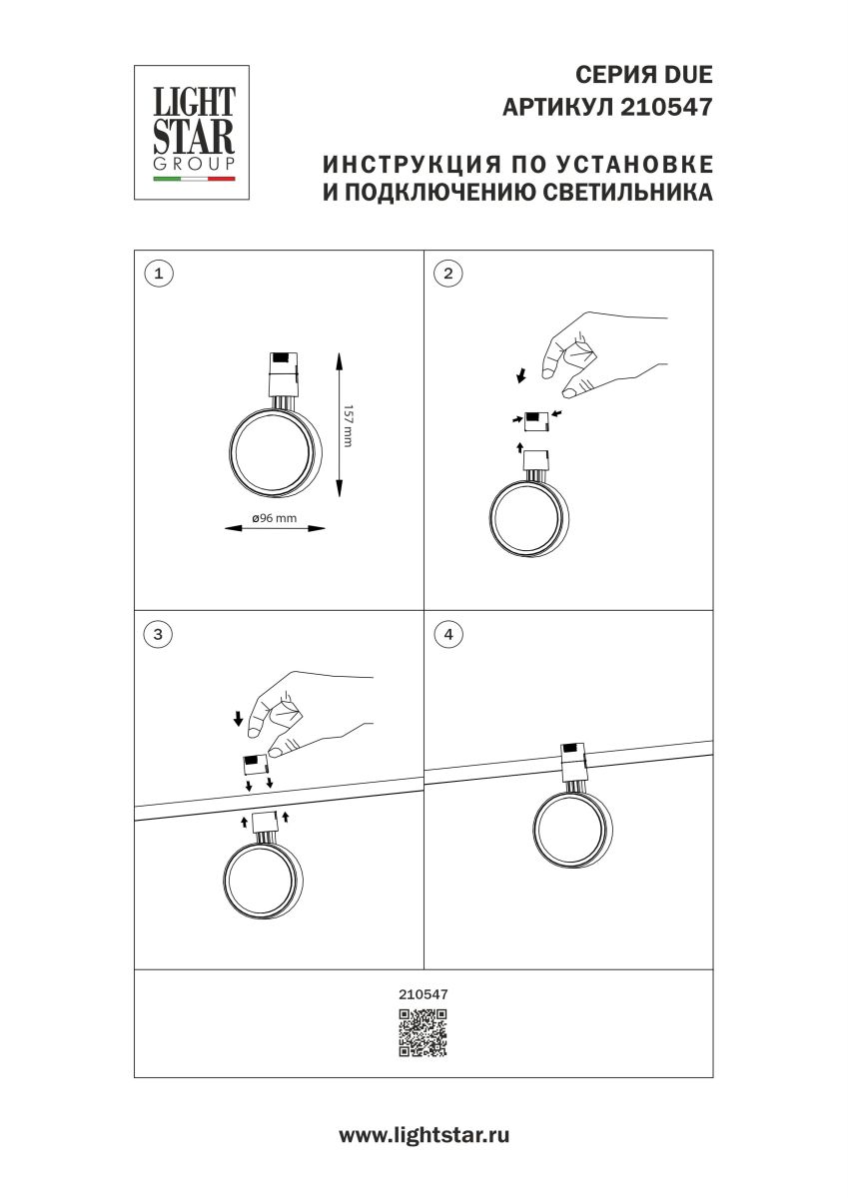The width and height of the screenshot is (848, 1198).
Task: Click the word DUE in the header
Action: pos(689,75)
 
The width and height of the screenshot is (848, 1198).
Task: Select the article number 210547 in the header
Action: pos(667,107)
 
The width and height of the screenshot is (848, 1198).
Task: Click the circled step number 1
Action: pos(159,273)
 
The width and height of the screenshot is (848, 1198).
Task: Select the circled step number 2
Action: pos(448,273)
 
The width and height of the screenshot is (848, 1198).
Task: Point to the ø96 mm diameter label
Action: pos(274,517)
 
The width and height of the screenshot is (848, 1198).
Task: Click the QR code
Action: pos(424,1033)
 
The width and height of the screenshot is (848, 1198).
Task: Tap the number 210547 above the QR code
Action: pos(424,994)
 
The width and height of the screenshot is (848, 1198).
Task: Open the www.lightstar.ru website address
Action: pos(424,1135)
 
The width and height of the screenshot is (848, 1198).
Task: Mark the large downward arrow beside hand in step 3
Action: pos(238,717)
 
